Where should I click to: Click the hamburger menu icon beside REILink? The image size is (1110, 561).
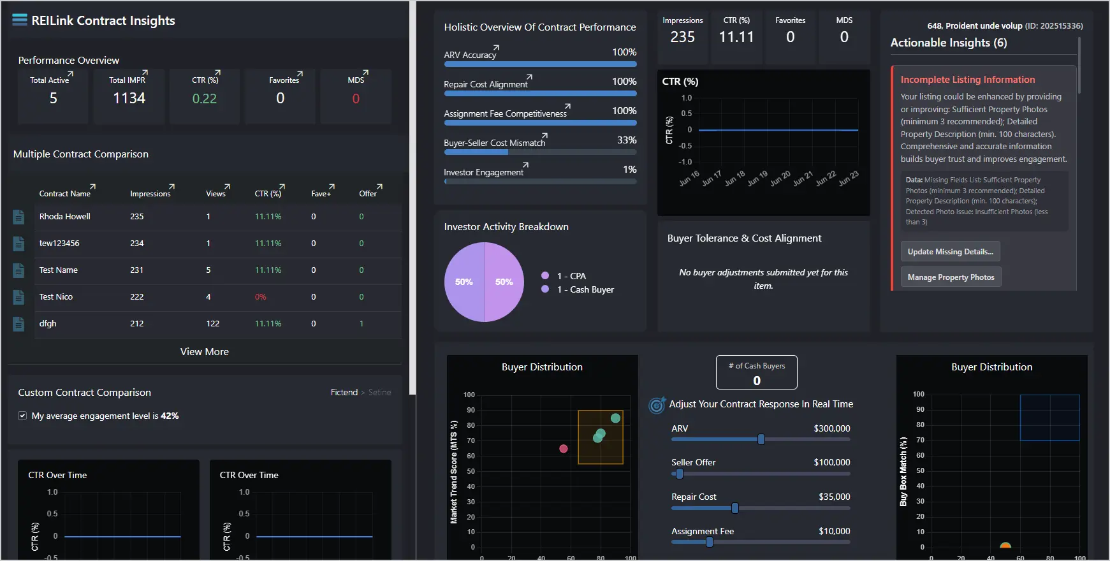tap(20, 20)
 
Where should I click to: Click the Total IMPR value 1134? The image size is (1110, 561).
tap(129, 98)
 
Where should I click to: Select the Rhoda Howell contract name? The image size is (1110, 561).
tap(65, 217)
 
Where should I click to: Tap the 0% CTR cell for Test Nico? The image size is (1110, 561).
tap(260, 297)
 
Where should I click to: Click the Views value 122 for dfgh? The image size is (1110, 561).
tap(213, 324)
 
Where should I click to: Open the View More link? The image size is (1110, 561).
tap(204, 352)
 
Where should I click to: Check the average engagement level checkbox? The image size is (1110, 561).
tap(22, 416)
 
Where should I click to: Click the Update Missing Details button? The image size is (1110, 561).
tap(950, 252)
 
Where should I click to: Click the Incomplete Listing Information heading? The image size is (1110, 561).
tap(967, 80)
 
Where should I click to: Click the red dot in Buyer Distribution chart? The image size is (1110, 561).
tap(563, 449)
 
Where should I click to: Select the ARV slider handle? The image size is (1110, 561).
tap(761, 439)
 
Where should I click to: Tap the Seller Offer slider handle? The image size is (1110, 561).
tap(679, 474)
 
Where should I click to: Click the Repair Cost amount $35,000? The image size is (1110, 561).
tap(834, 497)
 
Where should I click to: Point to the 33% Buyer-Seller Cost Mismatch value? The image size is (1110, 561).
tap(626, 140)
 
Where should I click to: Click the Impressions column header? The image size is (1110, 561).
tap(150, 194)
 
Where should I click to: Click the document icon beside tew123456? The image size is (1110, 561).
tap(18, 244)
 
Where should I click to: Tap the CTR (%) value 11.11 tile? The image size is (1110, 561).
tap(736, 38)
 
